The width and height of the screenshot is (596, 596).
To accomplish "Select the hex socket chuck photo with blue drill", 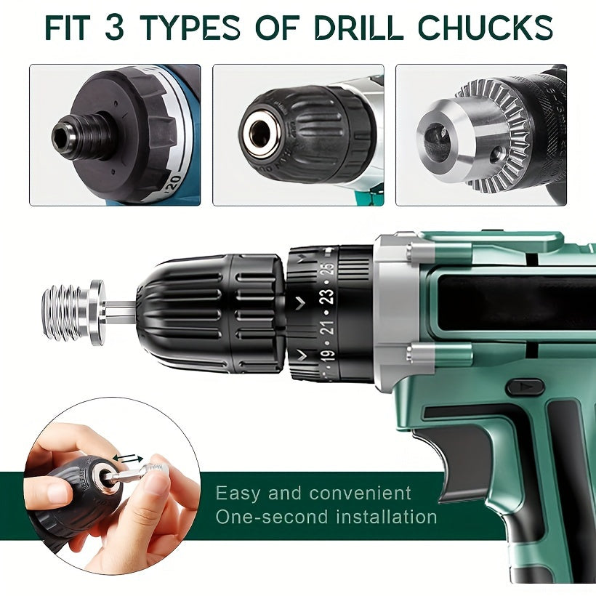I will point(115,135).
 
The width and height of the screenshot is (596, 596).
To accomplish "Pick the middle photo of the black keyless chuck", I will point(298,135).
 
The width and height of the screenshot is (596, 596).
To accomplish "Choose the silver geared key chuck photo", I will point(480,135).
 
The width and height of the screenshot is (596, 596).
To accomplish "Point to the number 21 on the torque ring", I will point(328,326).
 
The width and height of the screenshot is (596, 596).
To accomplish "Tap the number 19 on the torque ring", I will point(329,355).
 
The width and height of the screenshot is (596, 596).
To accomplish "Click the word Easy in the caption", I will point(238,494).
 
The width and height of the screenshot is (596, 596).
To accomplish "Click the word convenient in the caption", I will point(360,494).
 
